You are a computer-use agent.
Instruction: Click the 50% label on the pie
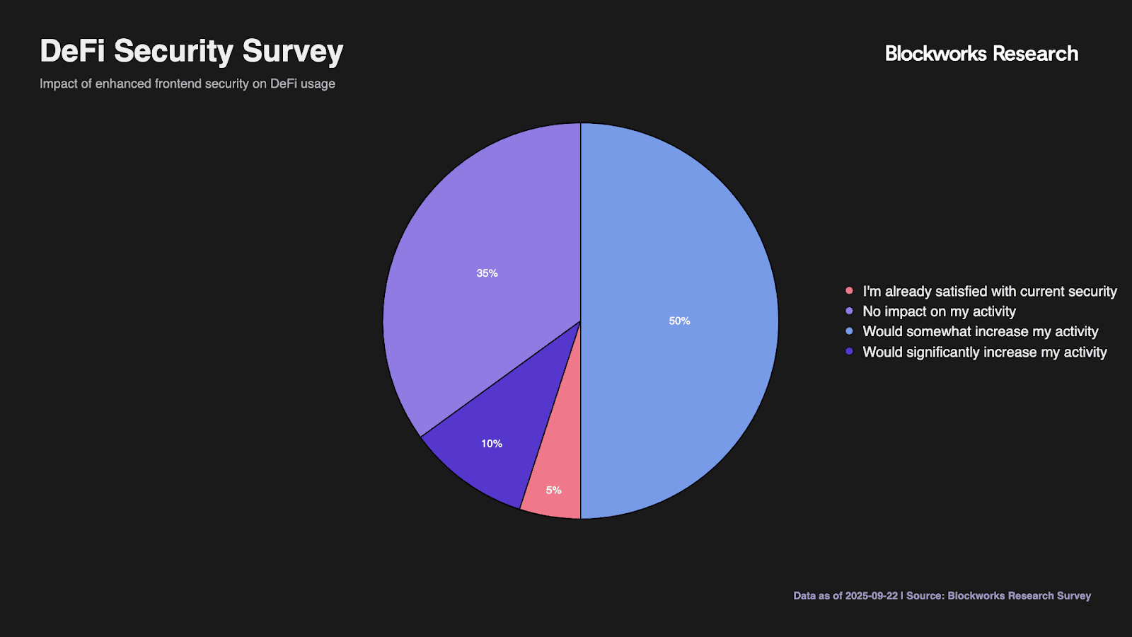pyautogui.click(x=679, y=321)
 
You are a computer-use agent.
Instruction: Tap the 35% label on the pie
pyautogui.click(x=487, y=273)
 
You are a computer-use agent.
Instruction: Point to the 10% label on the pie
pyautogui.click(x=492, y=444)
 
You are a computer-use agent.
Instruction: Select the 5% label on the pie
pyautogui.click(x=553, y=490)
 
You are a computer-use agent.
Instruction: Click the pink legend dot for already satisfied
pyautogui.click(x=849, y=291)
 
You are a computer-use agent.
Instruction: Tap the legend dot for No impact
pyautogui.click(x=849, y=311)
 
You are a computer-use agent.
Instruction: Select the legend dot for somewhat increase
pyautogui.click(x=849, y=331)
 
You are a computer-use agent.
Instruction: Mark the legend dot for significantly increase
pyautogui.click(x=849, y=352)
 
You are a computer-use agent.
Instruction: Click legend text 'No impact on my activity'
pyautogui.click(x=939, y=311)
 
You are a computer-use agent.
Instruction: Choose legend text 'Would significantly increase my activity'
pyautogui.click(x=984, y=352)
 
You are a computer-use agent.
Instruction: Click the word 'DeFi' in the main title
pyautogui.click(x=72, y=52)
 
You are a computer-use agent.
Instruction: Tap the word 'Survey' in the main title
pyautogui.click(x=293, y=52)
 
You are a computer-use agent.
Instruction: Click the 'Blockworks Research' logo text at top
pyautogui.click(x=981, y=54)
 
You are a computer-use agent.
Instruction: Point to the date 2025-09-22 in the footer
pyautogui.click(x=871, y=596)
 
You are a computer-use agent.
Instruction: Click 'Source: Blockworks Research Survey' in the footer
pyautogui.click(x=998, y=596)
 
